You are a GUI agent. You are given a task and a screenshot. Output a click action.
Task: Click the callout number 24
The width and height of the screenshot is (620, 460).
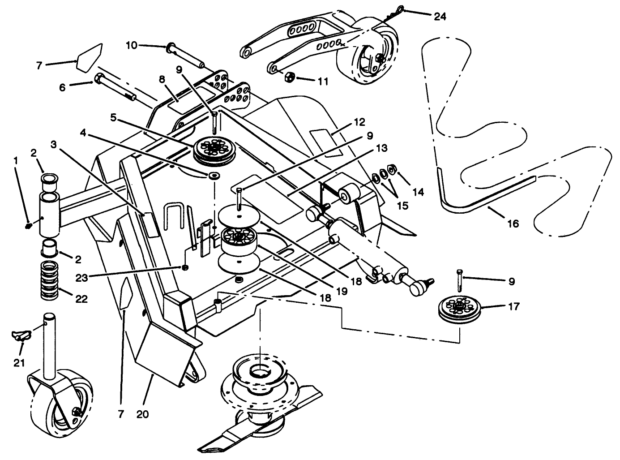[x=440, y=17]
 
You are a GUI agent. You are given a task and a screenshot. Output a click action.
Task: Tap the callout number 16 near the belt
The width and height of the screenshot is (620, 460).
[x=513, y=223]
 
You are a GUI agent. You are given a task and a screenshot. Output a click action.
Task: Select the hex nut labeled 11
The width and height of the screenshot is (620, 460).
[x=289, y=77]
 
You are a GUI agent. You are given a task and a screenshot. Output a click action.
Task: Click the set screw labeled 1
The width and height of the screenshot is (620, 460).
[x=28, y=225]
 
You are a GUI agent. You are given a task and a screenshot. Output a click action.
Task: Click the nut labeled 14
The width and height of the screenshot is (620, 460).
[x=391, y=169]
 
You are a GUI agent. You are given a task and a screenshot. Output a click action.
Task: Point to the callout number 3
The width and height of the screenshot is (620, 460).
[x=53, y=144]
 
